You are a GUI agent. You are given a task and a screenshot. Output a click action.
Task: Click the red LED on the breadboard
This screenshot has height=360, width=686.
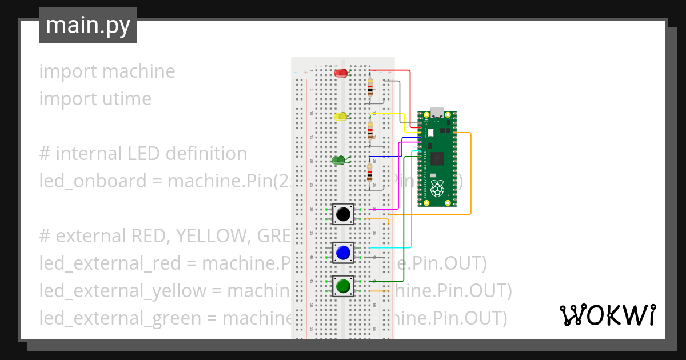point(341,73)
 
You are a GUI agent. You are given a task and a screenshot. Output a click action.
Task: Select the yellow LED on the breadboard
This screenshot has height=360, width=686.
point(341,117)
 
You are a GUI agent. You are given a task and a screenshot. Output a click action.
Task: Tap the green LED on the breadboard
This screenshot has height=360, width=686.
point(338,160)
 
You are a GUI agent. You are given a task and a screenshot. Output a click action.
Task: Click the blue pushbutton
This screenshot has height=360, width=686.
point(343,253)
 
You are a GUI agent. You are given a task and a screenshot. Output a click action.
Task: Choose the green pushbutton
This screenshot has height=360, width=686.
point(343,285)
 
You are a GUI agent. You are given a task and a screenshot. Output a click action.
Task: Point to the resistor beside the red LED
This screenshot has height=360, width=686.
point(370,86)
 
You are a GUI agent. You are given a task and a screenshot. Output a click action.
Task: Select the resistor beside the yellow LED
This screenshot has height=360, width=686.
point(370,130)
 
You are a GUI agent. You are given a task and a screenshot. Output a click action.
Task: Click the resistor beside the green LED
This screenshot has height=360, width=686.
point(370,173)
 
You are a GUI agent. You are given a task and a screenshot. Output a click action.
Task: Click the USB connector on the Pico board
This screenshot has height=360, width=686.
point(437,112)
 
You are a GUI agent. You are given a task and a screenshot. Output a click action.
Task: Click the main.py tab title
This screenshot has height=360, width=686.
point(88,26)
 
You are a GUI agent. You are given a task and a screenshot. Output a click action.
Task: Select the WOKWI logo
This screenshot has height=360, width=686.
point(607,315)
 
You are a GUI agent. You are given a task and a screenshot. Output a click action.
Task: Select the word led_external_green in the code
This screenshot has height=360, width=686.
point(120,318)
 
